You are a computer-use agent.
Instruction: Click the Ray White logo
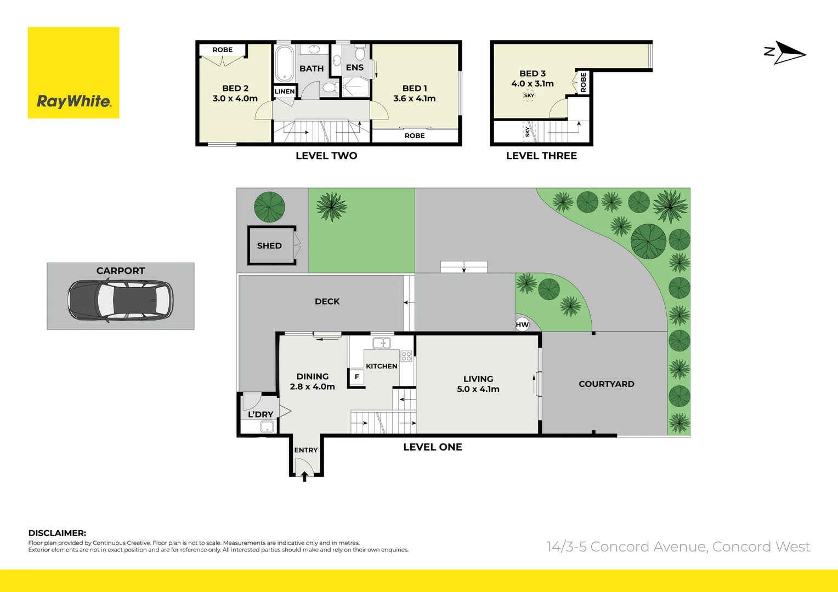click(x=73, y=73)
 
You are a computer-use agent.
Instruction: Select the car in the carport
click(x=120, y=301)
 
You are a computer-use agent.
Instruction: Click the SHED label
click(x=269, y=246)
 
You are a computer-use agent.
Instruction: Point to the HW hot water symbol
click(x=522, y=325)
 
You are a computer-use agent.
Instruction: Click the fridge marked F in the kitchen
click(x=356, y=377)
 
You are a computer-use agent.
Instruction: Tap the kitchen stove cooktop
click(x=406, y=356)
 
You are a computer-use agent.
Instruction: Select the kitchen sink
click(x=381, y=344)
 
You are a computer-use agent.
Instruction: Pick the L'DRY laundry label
click(x=261, y=414)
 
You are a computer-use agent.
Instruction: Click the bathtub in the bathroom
click(x=284, y=64)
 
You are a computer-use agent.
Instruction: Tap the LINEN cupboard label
click(x=285, y=92)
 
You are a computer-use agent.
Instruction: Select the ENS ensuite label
click(x=355, y=67)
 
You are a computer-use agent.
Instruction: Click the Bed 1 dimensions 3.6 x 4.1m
click(x=415, y=99)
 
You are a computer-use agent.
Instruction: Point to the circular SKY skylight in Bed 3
click(x=529, y=96)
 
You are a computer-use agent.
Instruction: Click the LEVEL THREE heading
click(x=541, y=156)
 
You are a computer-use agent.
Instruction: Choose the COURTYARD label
click(x=606, y=384)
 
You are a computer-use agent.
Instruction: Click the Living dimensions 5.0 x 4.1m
click(x=478, y=389)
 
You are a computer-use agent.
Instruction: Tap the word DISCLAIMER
click(x=57, y=533)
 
